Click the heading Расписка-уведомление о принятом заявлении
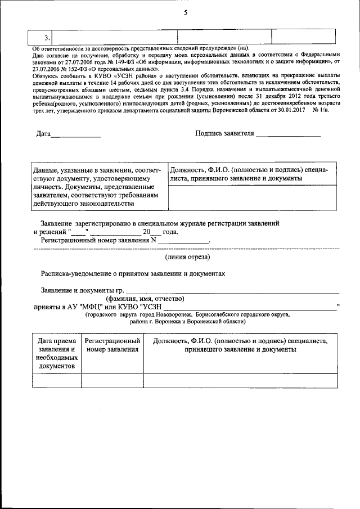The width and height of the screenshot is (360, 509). tap(133, 274)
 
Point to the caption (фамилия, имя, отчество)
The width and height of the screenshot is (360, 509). tap(145, 299)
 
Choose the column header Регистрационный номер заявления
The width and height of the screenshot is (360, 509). tap(111, 345)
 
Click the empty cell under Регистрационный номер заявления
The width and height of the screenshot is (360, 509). tap(111, 381)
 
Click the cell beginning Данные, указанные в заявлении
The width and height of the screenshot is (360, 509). tap(97, 186)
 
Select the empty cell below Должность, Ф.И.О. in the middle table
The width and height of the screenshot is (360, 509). tap(252, 197)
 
